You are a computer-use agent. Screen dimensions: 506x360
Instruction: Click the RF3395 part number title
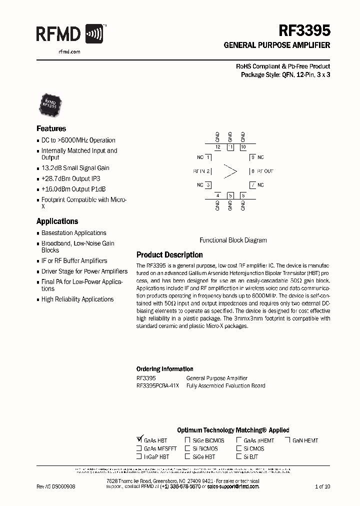point(304,31)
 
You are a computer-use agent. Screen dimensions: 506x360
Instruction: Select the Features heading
point(51,128)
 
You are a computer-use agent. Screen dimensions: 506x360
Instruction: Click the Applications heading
point(57,221)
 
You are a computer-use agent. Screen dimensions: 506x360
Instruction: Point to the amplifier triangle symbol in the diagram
point(230,171)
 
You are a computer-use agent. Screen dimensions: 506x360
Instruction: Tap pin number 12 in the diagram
point(217,147)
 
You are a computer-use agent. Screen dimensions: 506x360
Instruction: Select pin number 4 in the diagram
point(217,195)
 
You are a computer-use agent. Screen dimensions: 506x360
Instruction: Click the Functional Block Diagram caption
point(233,240)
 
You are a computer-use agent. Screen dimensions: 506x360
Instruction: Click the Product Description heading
point(169,254)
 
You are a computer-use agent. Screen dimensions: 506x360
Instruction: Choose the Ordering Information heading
point(164,369)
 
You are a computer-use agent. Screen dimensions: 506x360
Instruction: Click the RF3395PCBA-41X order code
point(157,385)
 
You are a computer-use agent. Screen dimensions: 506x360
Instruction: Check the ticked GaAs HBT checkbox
point(139,440)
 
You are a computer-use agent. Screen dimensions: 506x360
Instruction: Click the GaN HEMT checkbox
point(288,440)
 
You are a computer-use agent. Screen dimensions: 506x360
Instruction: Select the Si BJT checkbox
point(238,456)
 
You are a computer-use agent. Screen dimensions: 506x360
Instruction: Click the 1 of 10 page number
point(322,486)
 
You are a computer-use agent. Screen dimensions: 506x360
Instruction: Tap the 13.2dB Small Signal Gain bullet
point(75,168)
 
